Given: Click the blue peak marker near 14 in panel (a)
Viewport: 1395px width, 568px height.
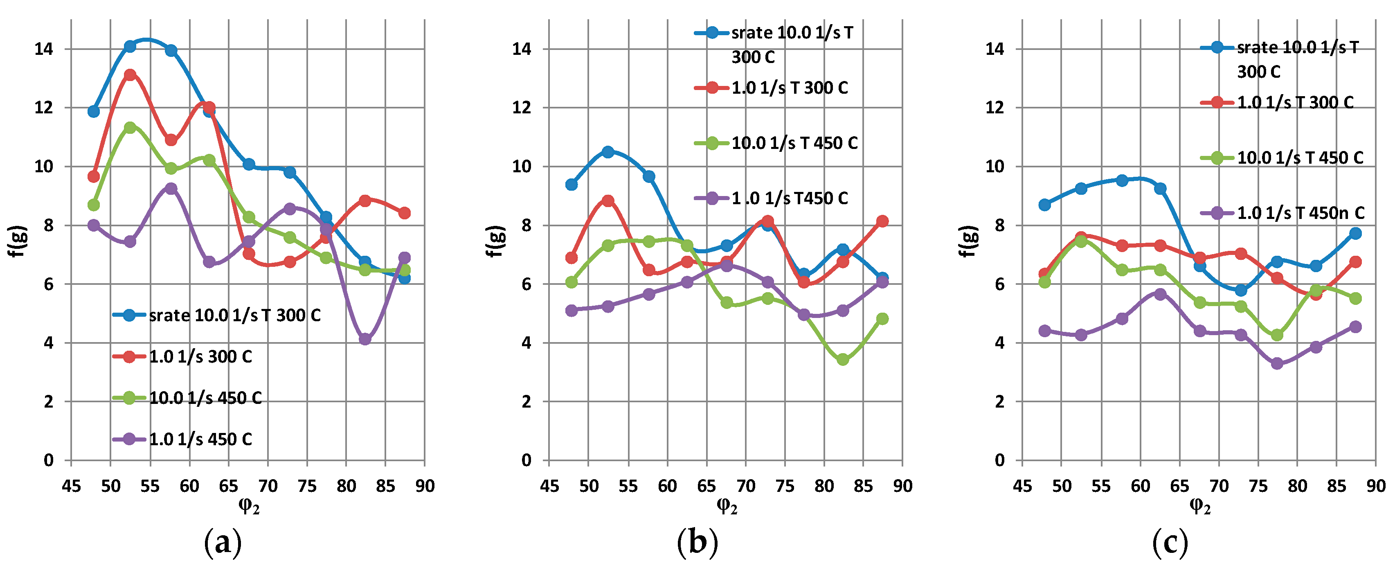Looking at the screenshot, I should tap(130, 47).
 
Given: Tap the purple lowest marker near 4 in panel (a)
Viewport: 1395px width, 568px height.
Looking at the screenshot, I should tap(364, 340).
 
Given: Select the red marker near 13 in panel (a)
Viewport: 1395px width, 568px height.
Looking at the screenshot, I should tap(130, 75).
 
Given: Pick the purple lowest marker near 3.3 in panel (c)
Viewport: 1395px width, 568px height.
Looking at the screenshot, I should tap(1277, 364).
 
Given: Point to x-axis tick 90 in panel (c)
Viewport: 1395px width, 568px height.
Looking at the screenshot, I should tap(1375, 486).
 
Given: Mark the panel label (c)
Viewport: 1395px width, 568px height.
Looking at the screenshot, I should tap(1170, 542).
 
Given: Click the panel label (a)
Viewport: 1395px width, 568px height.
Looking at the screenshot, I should tap(223, 542).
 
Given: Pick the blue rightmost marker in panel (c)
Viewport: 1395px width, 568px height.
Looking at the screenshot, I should tap(1355, 233).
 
